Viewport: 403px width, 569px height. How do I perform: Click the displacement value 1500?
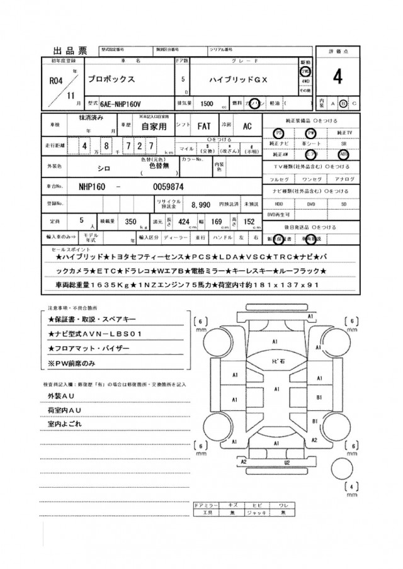click(206, 103)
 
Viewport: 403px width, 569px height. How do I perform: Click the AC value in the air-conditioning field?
click(247, 126)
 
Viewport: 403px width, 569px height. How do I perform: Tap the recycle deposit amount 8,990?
click(200, 205)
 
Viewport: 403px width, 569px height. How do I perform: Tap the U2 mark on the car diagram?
click(287, 463)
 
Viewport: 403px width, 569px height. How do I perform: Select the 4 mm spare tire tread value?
click(353, 485)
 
